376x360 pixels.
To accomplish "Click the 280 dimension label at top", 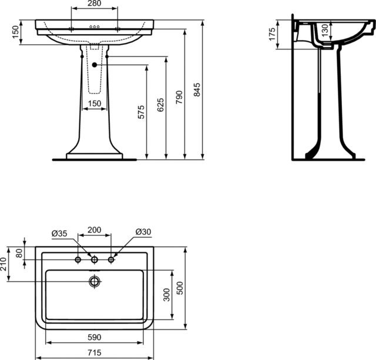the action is click(x=95, y=4).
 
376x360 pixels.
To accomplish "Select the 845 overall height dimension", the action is click(x=197, y=89).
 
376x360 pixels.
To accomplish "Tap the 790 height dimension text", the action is click(x=179, y=97).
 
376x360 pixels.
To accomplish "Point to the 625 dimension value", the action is click(x=160, y=105).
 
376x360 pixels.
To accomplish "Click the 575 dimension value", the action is click(x=141, y=112).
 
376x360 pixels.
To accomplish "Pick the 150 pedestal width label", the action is click(x=95, y=104).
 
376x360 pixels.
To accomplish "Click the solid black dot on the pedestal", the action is click(x=95, y=65).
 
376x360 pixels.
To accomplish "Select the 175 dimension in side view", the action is click(x=272, y=34).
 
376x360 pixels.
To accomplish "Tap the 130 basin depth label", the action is click(x=324, y=30).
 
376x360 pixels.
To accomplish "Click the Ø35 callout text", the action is click(x=59, y=233).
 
